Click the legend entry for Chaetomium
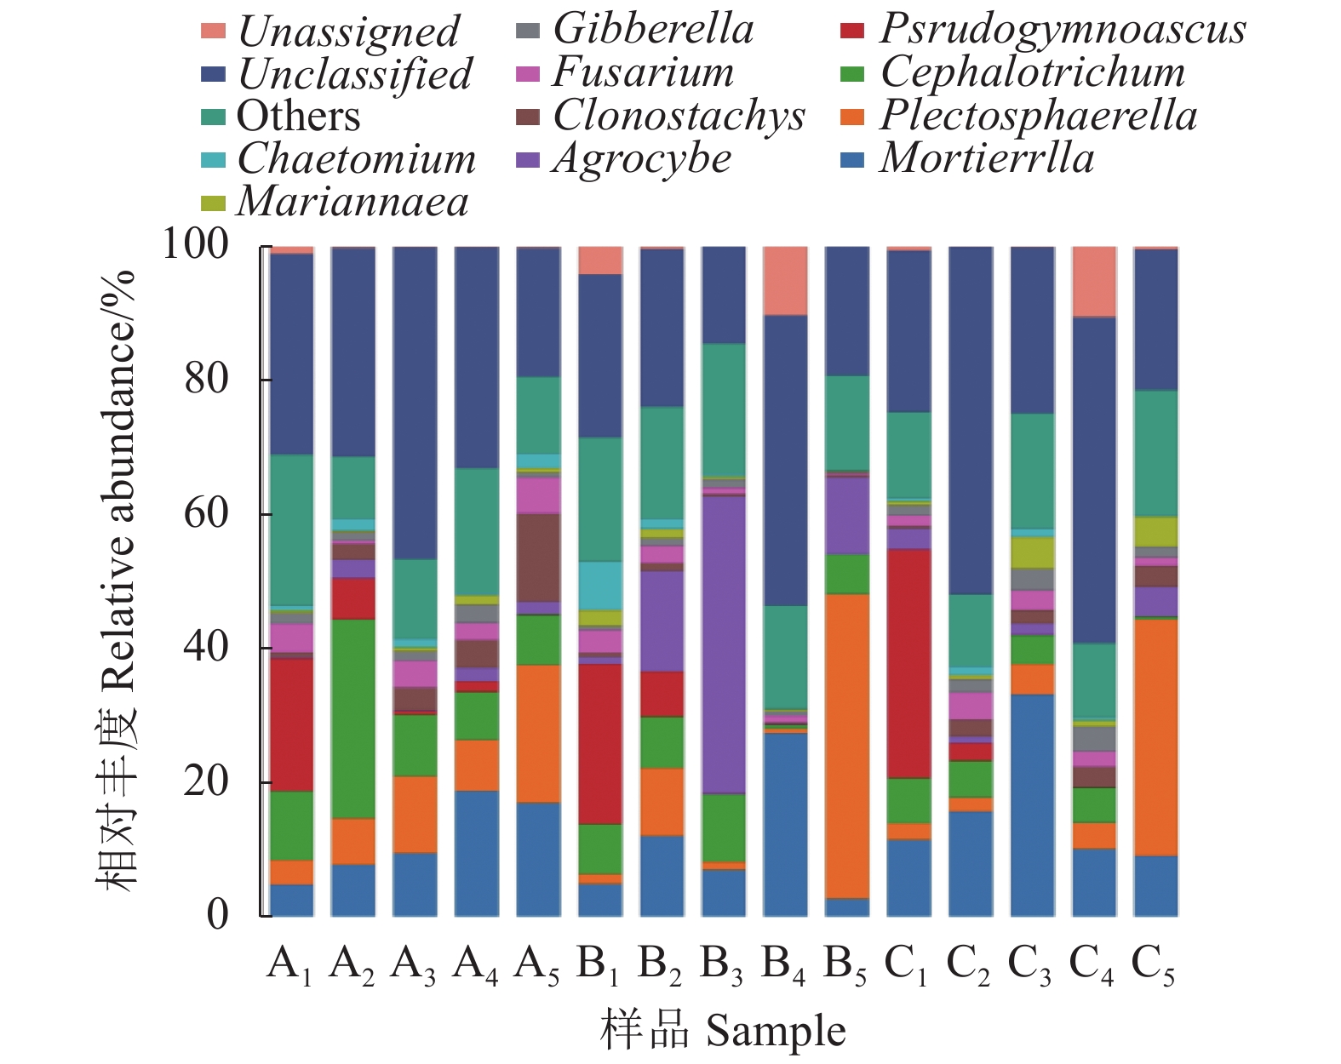356,159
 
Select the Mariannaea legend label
352,203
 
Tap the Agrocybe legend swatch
528,159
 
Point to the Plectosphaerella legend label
1038,116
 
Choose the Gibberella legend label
653,29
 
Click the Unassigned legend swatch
213,31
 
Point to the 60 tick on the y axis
206,513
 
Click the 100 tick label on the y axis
195,244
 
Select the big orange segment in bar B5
847,746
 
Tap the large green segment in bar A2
352,718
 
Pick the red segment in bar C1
908,663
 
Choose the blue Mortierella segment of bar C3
1032,804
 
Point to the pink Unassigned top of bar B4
785,281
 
